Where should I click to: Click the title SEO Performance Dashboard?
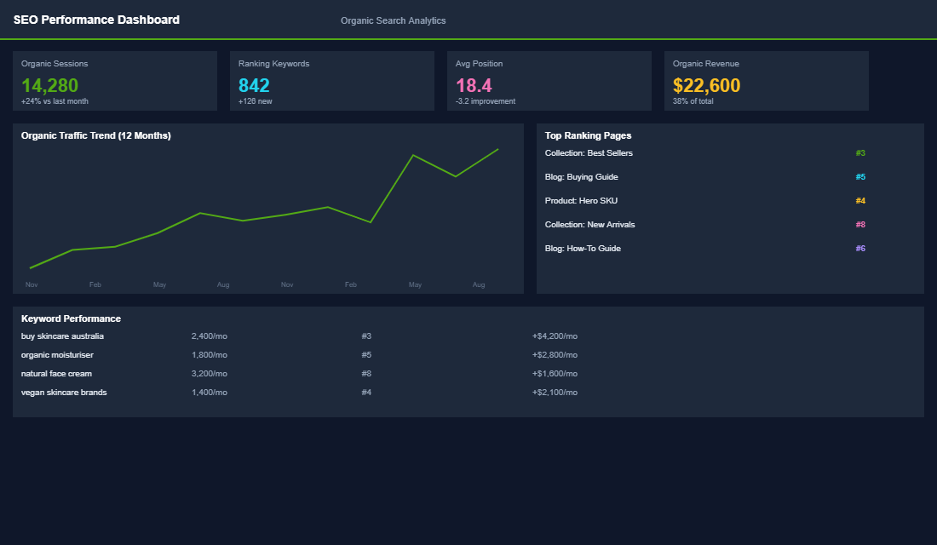tap(96, 20)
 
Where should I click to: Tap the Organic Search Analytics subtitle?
tap(393, 20)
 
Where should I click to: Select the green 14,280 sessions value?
tap(49, 85)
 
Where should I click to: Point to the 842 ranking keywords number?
tap(254, 85)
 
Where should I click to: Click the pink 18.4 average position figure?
tap(474, 85)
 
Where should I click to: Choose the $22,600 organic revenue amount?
tap(706, 85)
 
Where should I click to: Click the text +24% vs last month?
tap(55, 101)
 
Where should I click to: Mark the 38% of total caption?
tap(693, 101)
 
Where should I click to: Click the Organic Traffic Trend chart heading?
tap(95, 135)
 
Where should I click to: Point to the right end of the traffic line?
tap(497, 150)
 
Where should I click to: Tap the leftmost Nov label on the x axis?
tap(32, 284)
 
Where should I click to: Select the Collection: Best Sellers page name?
tap(589, 153)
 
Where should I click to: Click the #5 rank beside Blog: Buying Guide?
tap(860, 177)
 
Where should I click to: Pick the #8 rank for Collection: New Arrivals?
tap(860, 225)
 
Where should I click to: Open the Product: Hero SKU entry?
tap(581, 201)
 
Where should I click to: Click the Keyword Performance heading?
tap(71, 318)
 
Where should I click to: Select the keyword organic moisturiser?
tap(57, 355)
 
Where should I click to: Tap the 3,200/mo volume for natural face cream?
tap(209, 374)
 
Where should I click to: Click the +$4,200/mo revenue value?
tap(555, 336)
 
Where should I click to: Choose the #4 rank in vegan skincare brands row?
tap(366, 393)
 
